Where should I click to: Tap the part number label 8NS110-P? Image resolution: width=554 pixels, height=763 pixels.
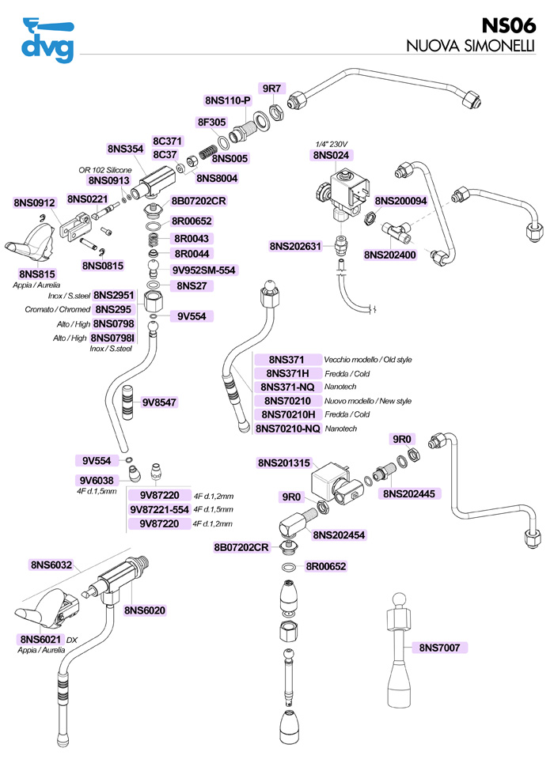[x=227, y=100]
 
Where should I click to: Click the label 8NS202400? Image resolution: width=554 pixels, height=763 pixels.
[x=389, y=255]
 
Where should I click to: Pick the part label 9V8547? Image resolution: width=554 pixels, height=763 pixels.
[x=159, y=402]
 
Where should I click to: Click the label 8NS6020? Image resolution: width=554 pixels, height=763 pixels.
[x=144, y=610]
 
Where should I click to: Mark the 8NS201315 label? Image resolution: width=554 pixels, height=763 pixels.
[x=283, y=463]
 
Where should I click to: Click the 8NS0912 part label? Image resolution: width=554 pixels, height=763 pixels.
[x=34, y=203]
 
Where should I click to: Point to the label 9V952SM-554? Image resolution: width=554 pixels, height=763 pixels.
[x=204, y=270]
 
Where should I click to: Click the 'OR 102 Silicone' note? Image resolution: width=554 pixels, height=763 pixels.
[x=104, y=169]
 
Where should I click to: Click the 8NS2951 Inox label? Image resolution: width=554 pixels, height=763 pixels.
[x=114, y=295]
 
